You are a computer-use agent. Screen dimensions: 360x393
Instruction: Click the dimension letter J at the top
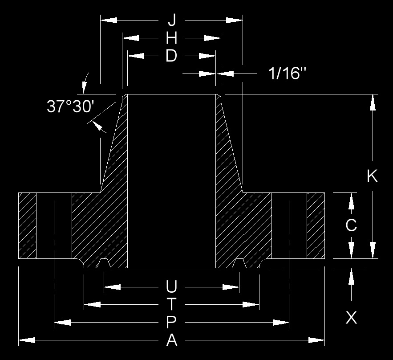172,20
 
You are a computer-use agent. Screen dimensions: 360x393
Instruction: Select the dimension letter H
172,38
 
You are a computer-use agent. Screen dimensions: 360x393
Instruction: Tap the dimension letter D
171,56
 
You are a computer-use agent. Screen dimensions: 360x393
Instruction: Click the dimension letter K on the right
372,176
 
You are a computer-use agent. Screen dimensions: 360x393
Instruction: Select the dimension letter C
351,226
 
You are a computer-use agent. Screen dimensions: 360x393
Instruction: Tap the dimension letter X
351,318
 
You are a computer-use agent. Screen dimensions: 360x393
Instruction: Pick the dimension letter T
171,304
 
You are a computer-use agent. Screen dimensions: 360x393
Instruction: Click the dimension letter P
172,322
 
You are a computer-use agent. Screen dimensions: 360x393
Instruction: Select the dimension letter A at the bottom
172,341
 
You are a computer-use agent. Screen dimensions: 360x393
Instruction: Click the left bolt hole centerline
54,227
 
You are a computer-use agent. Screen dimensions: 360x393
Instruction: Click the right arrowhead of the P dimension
281,322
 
